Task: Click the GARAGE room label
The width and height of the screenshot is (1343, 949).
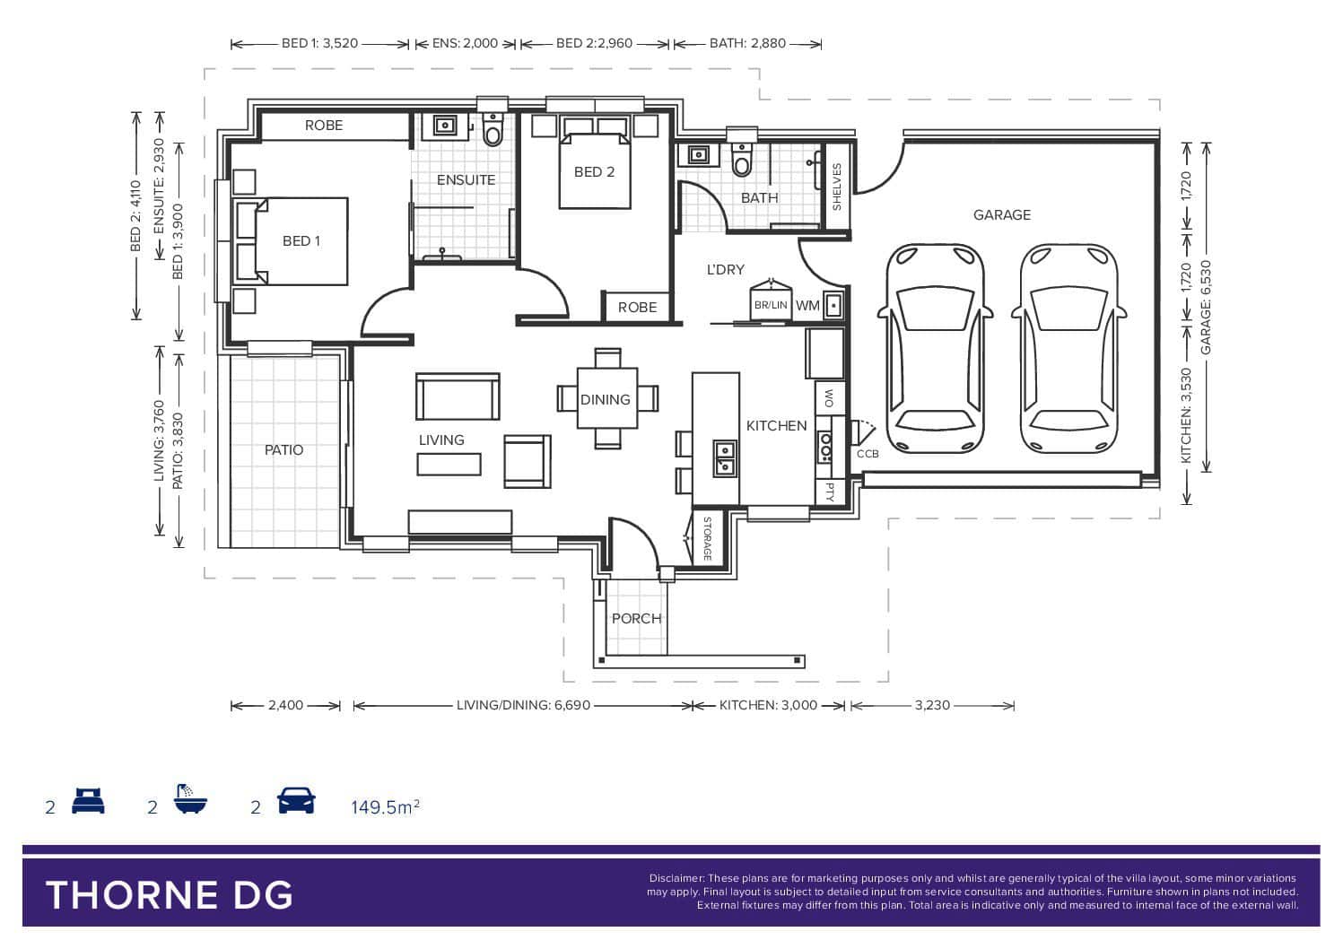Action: click(x=1001, y=214)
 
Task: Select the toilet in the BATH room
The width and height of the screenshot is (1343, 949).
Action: click(x=742, y=160)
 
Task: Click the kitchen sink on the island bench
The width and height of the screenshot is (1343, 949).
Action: click(x=724, y=458)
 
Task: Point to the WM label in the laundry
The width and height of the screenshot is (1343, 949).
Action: click(x=807, y=306)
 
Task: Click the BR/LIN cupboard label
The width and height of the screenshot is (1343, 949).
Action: click(x=771, y=305)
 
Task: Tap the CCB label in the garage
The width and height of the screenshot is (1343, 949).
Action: click(x=867, y=454)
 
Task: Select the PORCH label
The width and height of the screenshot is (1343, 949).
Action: click(x=636, y=618)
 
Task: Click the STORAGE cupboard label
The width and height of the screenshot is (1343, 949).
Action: click(x=708, y=538)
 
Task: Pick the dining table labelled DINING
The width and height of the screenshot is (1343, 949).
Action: click(x=606, y=397)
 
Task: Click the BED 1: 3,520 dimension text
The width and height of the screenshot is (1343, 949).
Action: click(x=319, y=43)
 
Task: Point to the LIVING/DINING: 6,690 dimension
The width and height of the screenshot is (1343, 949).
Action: click(x=523, y=705)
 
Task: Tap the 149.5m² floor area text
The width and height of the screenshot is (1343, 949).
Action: click(x=385, y=806)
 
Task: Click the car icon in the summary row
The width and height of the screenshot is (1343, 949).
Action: click(x=296, y=801)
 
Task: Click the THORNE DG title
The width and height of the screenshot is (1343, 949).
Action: click(x=169, y=895)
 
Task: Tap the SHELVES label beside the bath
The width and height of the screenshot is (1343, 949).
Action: click(x=837, y=187)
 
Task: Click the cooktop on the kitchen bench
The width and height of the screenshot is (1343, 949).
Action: click(x=825, y=448)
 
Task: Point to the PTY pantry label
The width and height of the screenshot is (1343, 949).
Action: click(x=830, y=492)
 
